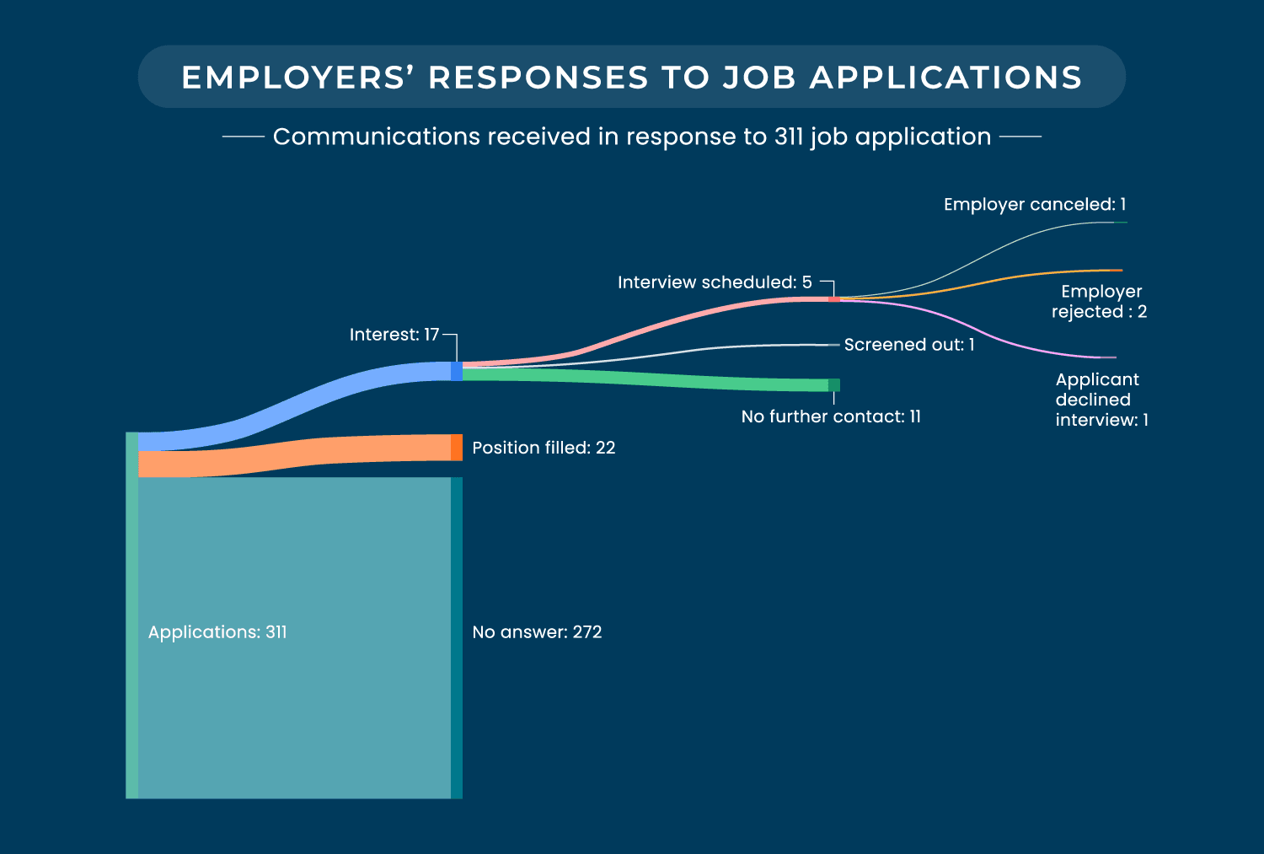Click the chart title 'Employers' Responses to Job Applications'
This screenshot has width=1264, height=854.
(x=632, y=78)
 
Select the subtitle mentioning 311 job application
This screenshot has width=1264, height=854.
(x=632, y=137)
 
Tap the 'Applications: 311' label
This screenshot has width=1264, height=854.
(x=217, y=632)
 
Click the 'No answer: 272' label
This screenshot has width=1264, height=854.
(x=537, y=632)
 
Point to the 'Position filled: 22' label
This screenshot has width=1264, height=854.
(x=544, y=448)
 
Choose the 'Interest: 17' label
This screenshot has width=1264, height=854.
(x=394, y=335)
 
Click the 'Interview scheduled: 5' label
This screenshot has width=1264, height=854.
(x=715, y=282)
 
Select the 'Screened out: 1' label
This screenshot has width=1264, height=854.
(x=909, y=345)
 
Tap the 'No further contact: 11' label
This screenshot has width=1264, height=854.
(x=831, y=416)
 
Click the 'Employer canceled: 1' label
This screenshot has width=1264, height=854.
(x=1035, y=205)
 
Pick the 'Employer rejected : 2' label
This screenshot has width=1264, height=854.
(x=1100, y=302)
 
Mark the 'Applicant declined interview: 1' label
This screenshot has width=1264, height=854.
(x=1101, y=400)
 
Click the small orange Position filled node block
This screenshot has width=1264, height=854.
(x=457, y=448)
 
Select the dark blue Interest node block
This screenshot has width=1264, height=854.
(x=457, y=371)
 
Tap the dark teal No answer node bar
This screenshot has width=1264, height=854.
(x=457, y=637)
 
